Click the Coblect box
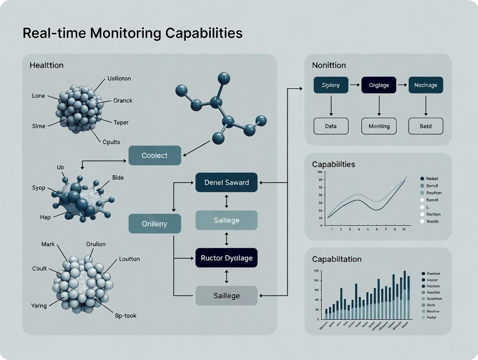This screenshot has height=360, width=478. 155,155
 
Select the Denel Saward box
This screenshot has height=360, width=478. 226,182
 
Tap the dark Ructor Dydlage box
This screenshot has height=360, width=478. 226,258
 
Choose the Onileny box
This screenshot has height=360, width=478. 155,224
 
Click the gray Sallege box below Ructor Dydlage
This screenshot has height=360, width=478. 226,296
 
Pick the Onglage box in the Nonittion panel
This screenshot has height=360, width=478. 379,85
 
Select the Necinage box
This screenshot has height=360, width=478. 426,85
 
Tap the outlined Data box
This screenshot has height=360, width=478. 331,126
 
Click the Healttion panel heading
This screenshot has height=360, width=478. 46,65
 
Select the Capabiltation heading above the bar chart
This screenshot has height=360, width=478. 336,259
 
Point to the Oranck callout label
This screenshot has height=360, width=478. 123,101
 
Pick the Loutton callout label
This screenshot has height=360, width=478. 129,259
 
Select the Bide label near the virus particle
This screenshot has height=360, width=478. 118,178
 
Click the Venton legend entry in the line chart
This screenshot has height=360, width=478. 433,214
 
